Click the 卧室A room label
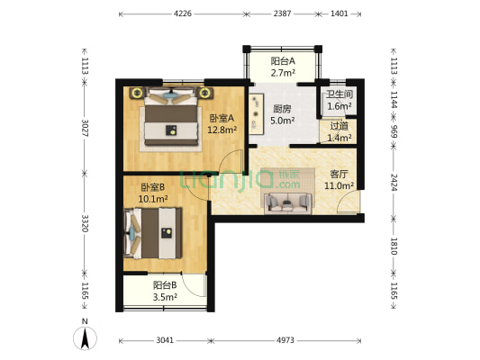click(x=222, y=118)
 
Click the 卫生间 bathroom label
click(x=339, y=94)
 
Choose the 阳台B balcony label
click(x=164, y=284)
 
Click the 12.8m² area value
click(x=222, y=130)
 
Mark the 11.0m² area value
click(x=340, y=185)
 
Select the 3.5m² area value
click(x=164, y=296)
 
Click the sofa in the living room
click(x=287, y=201)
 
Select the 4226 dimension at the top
click(x=183, y=13)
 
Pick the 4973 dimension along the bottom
click(x=285, y=341)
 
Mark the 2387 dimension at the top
click(x=282, y=13)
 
